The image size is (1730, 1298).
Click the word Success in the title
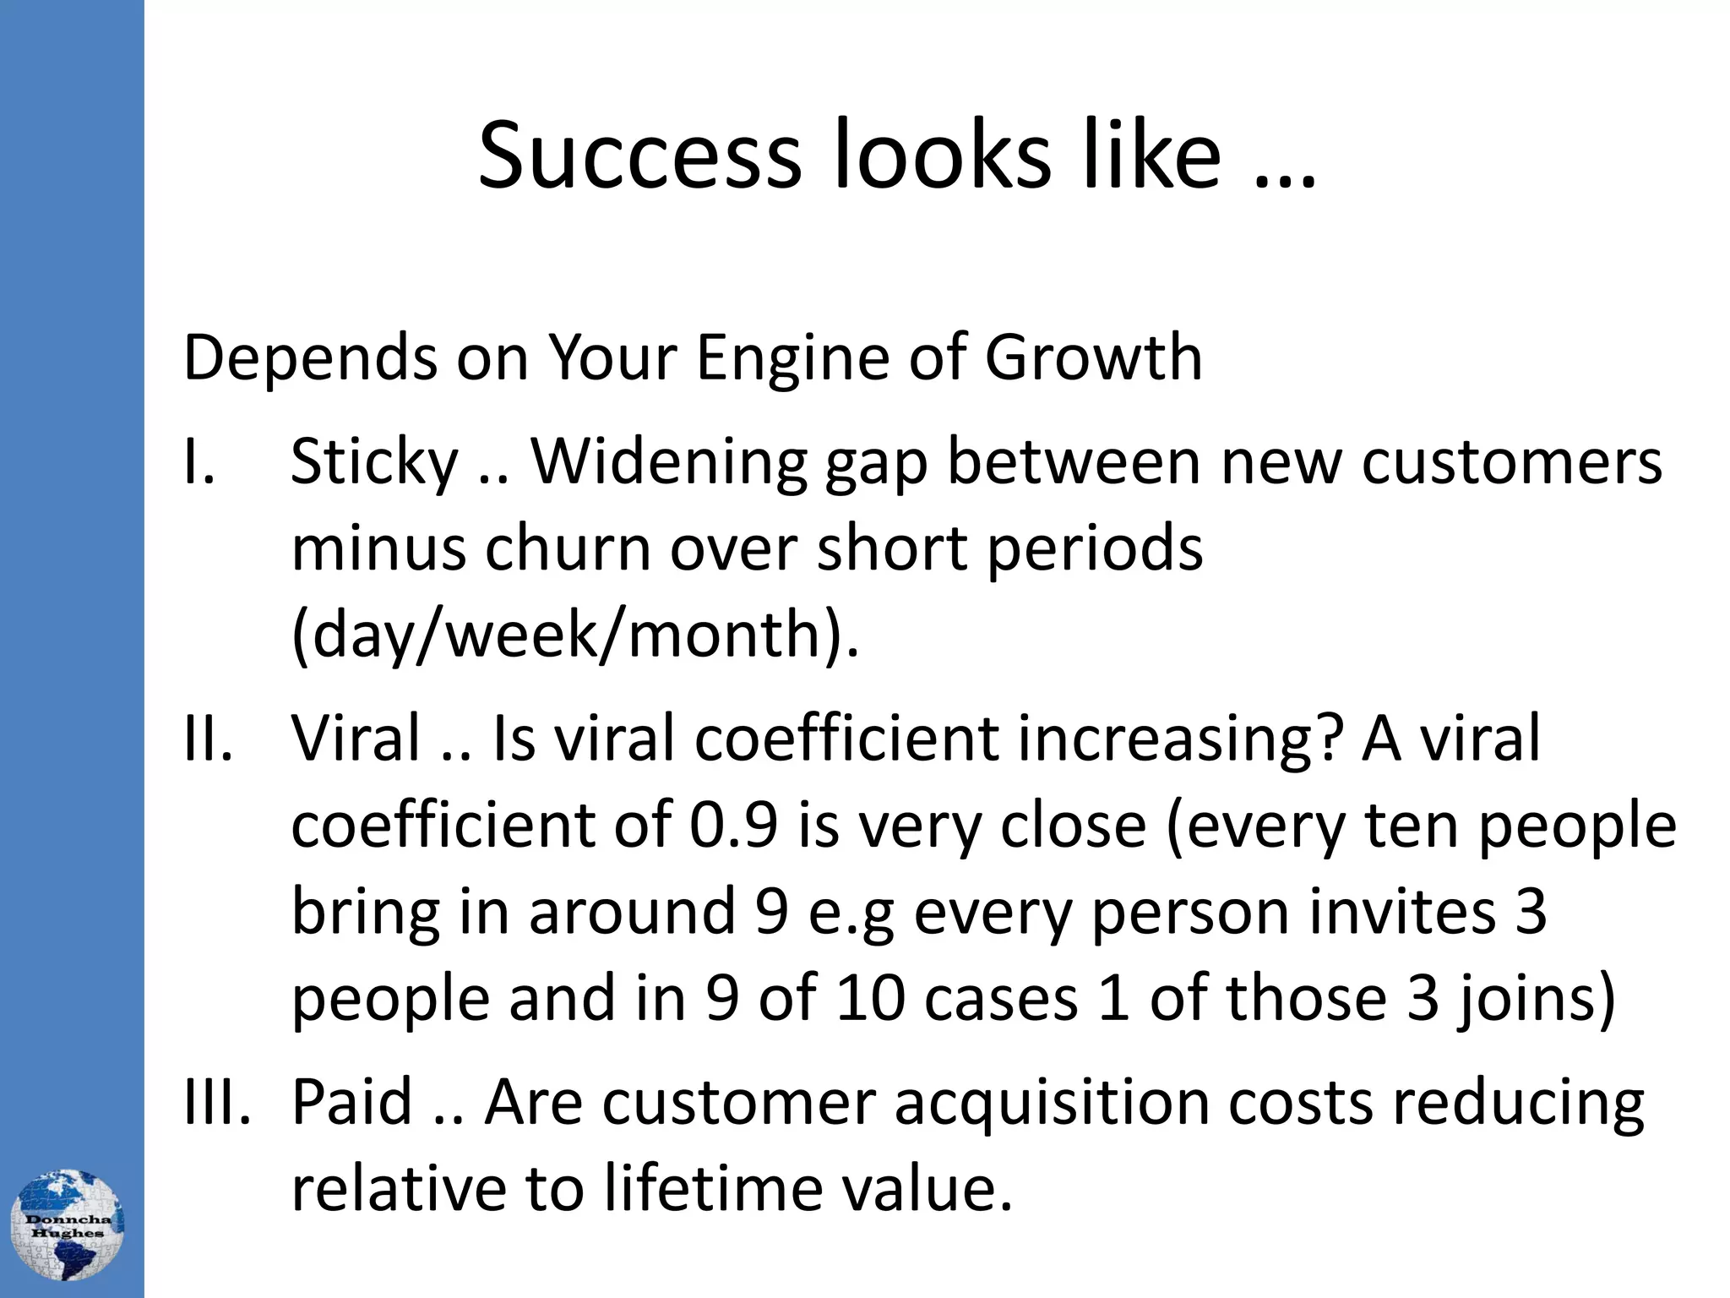click(639, 157)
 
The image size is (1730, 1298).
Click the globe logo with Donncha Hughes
click(67, 1225)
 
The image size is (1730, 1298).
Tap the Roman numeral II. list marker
click(208, 738)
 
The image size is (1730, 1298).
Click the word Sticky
click(374, 464)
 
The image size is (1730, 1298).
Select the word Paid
click(352, 1102)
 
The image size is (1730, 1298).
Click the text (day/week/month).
click(575, 635)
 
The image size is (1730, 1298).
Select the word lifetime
click(713, 1188)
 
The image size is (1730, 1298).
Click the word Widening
click(669, 464)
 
